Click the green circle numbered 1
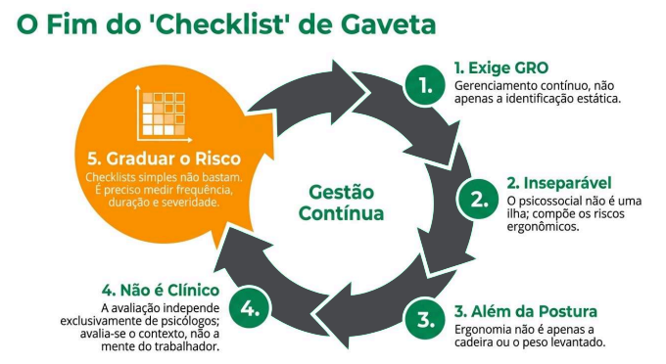425,85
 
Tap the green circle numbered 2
478,200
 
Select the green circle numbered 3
425,319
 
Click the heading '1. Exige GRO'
501,68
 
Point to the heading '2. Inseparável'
559,183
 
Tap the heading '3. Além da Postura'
525,311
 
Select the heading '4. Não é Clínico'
161,291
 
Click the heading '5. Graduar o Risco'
164,159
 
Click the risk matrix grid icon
164,114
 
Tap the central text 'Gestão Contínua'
341,203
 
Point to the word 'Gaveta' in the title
388,24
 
